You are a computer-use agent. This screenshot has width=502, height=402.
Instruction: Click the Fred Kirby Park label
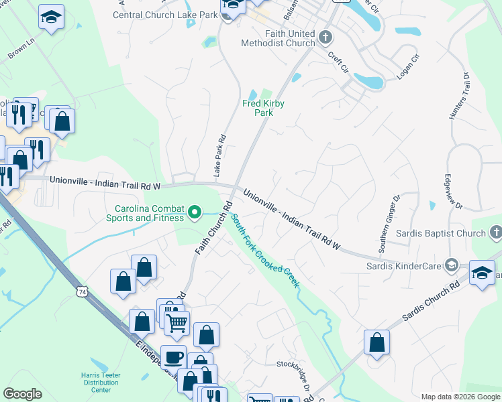tap(263, 109)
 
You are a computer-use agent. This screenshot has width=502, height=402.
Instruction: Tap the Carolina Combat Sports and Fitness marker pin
tap(195, 213)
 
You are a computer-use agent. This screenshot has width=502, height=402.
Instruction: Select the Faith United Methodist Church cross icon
tap(325, 36)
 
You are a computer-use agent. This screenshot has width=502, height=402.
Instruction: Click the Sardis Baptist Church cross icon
tap(495, 233)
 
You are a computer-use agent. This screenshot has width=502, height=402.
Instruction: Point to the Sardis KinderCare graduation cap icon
tap(451, 266)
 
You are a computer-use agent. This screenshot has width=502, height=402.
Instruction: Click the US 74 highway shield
tap(82, 292)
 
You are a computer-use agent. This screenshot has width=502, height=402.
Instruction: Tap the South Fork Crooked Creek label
tap(265, 251)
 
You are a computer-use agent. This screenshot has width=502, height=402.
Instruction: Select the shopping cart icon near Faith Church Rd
tap(177, 323)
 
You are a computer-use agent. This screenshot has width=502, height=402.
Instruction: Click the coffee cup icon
tap(174, 357)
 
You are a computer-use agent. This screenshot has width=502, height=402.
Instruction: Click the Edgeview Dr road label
tap(449, 192)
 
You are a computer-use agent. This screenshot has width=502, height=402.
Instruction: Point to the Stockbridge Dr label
tap(295, 375)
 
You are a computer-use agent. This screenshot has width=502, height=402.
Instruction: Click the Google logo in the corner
tap(22, 394)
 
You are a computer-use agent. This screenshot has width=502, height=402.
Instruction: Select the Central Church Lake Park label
tap(166, 14)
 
